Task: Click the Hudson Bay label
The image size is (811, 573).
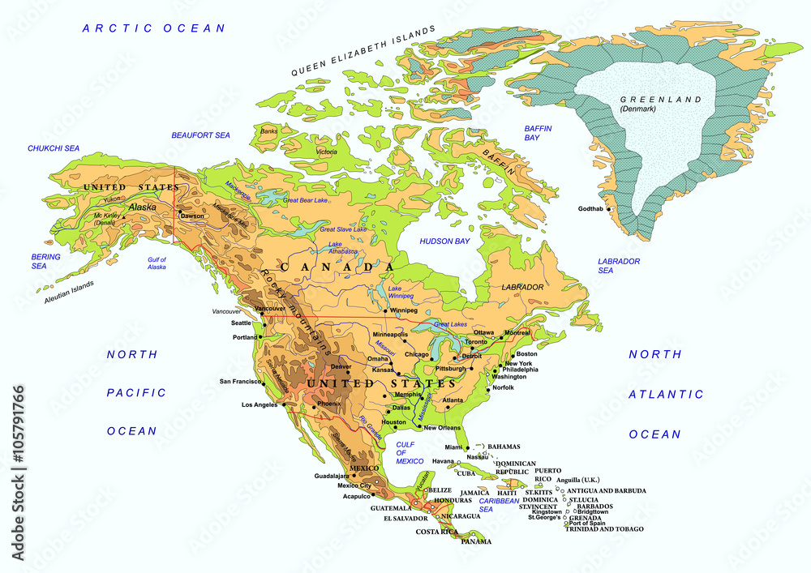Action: point(444,242)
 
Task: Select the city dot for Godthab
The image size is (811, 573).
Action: point(609,210)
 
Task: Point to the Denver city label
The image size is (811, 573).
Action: point(341,366)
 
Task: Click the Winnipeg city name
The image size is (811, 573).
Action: point(403,310)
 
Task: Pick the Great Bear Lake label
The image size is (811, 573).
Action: point(305,199)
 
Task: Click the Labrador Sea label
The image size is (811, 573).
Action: point(619,266)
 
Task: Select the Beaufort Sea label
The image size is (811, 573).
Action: point(201,135)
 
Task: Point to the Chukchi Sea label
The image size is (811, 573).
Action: point(54,148)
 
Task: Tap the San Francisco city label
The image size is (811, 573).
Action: point(239,382)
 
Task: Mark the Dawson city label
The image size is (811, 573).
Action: point(192,216)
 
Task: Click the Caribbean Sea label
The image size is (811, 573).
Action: point(498,505)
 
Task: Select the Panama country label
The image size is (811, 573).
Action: point(476,541)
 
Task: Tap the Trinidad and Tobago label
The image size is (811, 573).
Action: point(604,529)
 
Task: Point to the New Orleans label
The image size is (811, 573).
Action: point(442,428)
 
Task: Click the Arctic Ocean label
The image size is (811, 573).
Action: point(153,28)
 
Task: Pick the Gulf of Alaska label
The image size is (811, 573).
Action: point(157,263)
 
